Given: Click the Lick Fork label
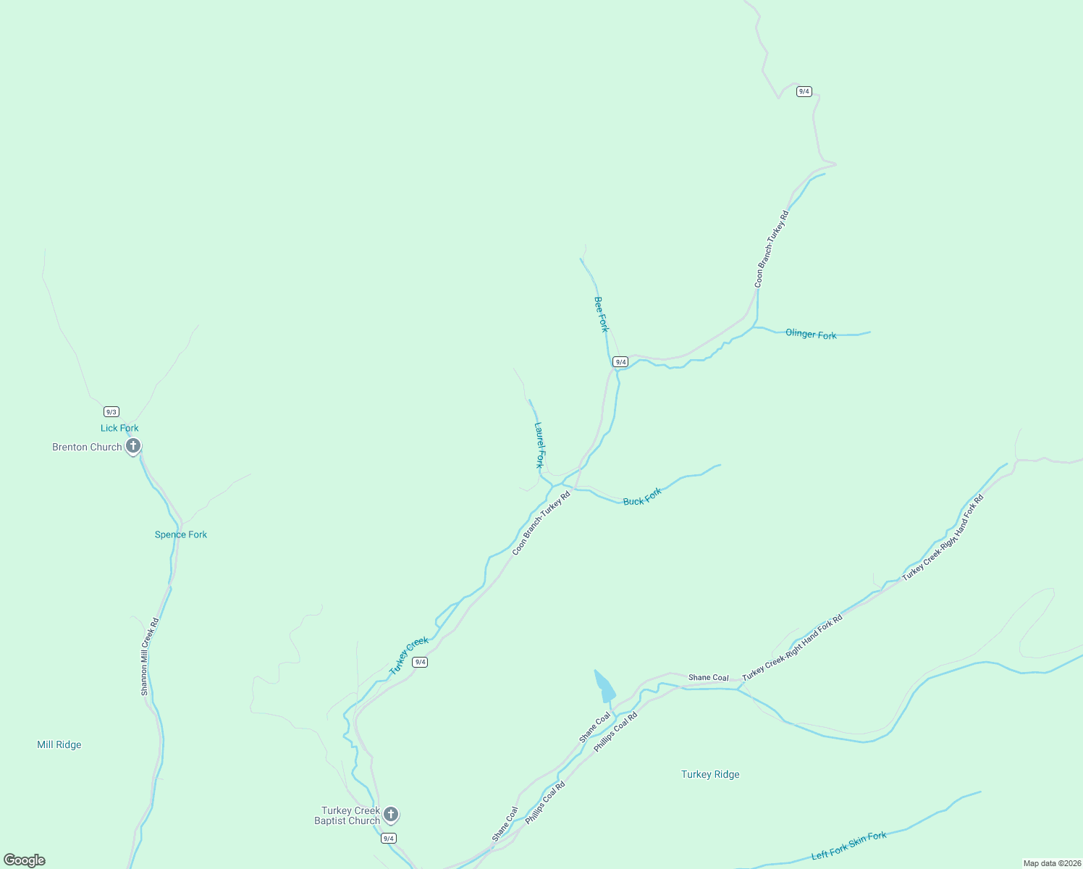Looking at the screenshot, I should (x=119, y=428).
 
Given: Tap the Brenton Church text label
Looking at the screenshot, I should (x=87, y=447).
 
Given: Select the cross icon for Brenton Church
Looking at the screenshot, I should (x=133, y=446).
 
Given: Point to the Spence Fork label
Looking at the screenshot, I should (x=181, y=534).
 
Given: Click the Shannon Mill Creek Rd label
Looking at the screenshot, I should (x=149, y=657).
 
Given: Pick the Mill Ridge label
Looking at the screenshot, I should (x=59, y=744).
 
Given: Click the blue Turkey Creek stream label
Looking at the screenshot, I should (x=409, y=655).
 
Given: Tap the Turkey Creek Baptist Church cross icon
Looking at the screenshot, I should (x=391, y=815).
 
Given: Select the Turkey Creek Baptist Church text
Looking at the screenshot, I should (x=348, y=815).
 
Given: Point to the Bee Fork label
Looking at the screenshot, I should (x=602, y=314).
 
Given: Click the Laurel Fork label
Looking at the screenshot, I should (x=539, y=445).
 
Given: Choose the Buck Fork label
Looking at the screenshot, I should (x=642, y=497).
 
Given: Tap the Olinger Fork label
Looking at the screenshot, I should (x=811, y=334).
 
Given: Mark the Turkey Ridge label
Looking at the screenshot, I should (x=710, y=774).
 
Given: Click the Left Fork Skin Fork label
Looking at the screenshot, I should (x=848, y=846).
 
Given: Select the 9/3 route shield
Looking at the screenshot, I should (x=111, y=411).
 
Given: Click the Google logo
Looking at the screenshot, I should (x=25, y=860).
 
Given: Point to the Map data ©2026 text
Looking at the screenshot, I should (x=1051, y=863).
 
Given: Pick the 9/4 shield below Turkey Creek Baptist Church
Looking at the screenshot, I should (x=389, y=838).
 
